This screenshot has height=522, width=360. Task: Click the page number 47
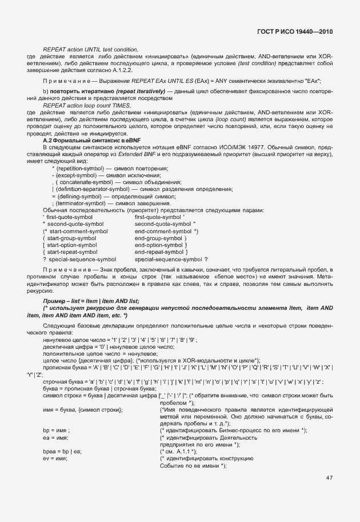329,477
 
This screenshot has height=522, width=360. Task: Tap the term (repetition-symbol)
78,168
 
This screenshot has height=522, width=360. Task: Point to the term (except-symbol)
75,175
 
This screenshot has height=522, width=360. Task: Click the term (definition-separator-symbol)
93,189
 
